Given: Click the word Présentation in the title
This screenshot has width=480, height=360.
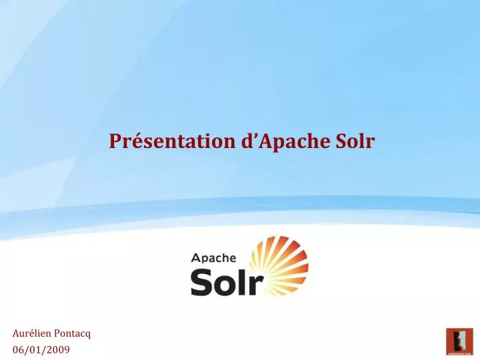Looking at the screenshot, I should tap(171, 141).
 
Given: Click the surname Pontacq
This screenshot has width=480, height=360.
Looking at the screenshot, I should tap(72, 334).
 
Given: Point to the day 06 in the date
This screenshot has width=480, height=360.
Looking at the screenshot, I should tap(18, 349).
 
